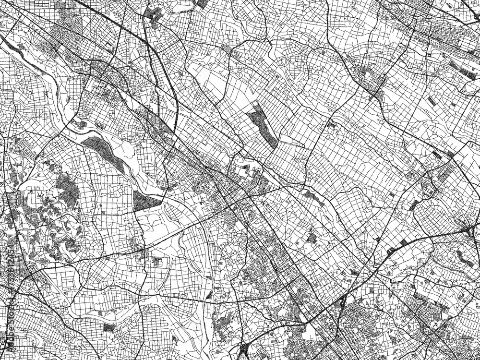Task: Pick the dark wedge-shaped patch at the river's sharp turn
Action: click(145, 201)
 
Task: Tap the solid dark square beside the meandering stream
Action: click(109, 328)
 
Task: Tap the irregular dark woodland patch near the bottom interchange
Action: click(222, 326)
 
